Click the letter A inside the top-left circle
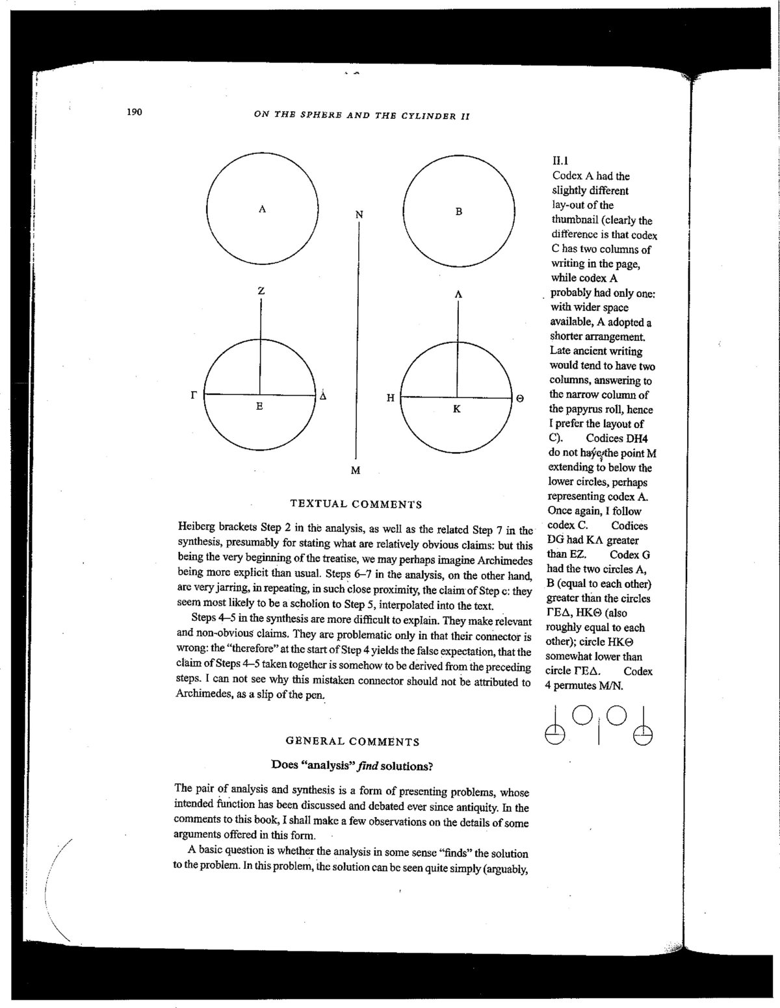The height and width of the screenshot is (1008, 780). click(x=262, y=209)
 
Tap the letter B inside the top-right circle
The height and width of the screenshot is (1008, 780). click(x=459, y=211)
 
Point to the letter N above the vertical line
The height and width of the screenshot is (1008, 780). click(x=359, y=214)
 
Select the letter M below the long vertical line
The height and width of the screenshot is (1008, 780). click(x=356, y=470)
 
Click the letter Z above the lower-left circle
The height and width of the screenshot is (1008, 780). click(x=261, y=292)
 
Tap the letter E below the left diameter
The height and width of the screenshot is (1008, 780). click(x=259, y=407)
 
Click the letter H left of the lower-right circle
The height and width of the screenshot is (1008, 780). click(x=391, y=398)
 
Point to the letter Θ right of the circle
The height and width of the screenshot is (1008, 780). click(x=520, y=399)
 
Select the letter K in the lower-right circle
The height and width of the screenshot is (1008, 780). click(x=457, y=409)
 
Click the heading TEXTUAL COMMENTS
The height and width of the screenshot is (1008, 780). click(x=356, y=504)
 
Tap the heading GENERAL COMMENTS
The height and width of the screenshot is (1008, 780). click(x=352, y=742)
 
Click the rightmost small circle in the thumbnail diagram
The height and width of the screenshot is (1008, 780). click(x=643, y=735)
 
